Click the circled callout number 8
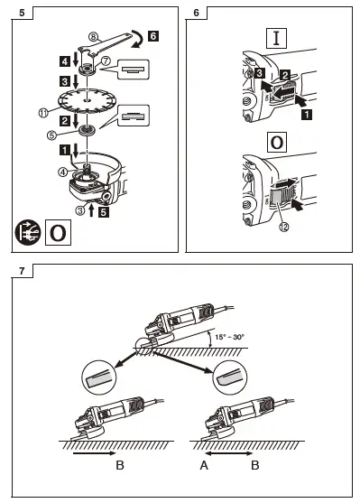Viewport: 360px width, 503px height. pos(92,35)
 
